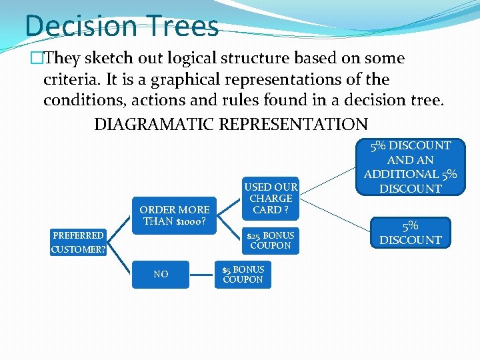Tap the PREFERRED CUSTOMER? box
(79, 242)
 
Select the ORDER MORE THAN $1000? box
(175, 215)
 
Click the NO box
(161, 274)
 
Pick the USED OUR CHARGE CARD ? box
(271, 198)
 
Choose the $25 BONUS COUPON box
(271, 240)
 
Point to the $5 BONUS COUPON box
(243, 274)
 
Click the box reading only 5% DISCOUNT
(411, 233)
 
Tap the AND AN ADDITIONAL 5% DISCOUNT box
(411, 167)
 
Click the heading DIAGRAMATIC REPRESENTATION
(231, 125)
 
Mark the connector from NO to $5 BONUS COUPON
(202, 274)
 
